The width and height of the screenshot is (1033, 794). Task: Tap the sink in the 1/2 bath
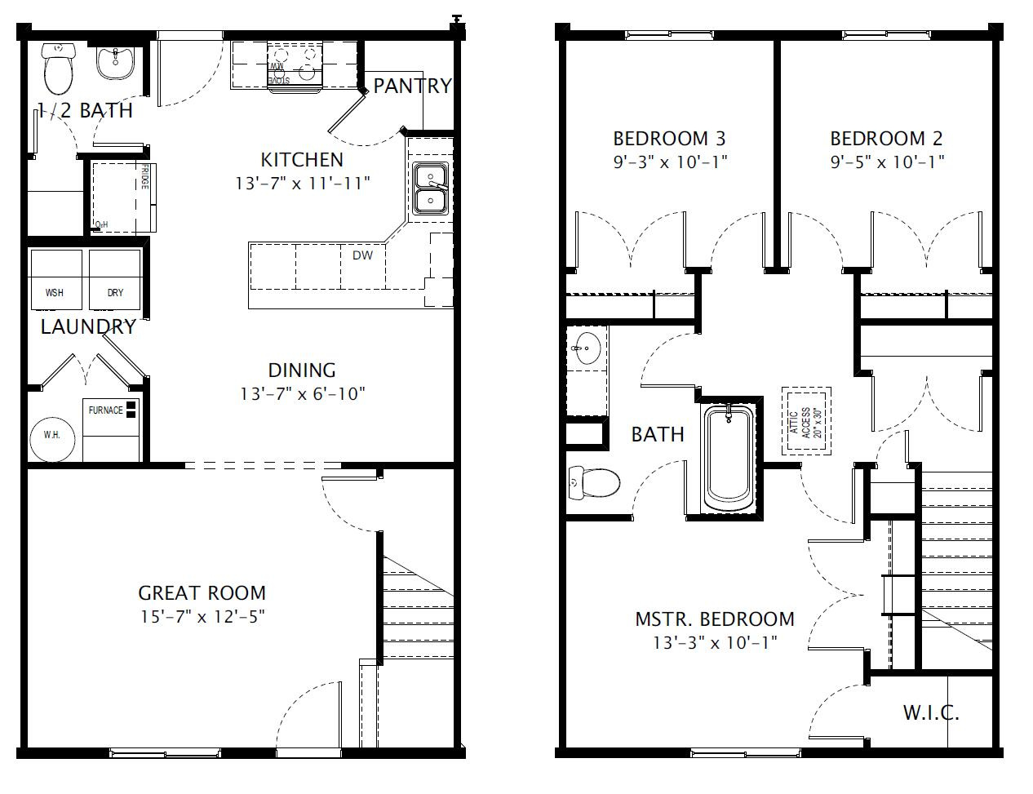(115, 61)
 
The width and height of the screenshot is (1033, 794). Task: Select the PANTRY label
(412, 86)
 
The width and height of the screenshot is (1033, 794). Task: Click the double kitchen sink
(429, 189)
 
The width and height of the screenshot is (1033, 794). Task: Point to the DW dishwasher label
(362, 255)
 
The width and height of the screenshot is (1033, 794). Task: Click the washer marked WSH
(55, 280)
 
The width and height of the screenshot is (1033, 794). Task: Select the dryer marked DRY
(114, 280)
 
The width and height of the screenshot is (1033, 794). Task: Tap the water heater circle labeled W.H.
(52, 436)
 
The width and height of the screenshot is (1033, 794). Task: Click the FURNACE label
(106, 410)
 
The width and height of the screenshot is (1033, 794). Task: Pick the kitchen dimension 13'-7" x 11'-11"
(303, 183)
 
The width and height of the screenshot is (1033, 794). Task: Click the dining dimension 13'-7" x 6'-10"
(302, 394)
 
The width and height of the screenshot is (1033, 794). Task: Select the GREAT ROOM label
(202, 593)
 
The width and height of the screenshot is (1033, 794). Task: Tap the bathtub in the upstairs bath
(729, 459)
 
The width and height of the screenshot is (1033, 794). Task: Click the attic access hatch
(805, 422)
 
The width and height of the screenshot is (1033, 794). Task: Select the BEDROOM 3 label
(669, 139)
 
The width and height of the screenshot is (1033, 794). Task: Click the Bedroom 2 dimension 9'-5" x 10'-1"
(887, 162)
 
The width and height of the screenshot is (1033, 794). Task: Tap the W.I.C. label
(930, 712)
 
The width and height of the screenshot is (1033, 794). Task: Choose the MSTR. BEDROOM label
(714, 619)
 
